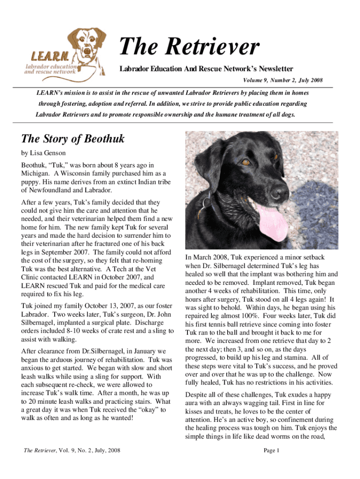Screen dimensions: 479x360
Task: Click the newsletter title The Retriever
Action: tap(188, 47)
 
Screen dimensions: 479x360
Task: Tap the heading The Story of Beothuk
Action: tap(73, 138)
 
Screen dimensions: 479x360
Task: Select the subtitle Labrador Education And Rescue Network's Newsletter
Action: tap(206, 69)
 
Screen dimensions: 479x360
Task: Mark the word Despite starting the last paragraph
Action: tap(197, 395)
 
